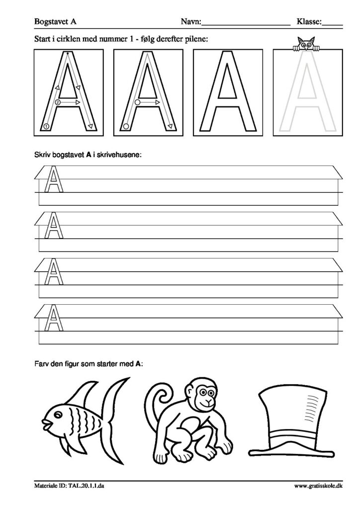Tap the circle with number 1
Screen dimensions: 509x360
(46, 126)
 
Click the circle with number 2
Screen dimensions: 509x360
(58, 102)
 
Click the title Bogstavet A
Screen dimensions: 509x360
(55, 22)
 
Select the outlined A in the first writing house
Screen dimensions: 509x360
(53, 179)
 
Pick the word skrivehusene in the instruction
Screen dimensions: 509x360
(121, 155)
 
